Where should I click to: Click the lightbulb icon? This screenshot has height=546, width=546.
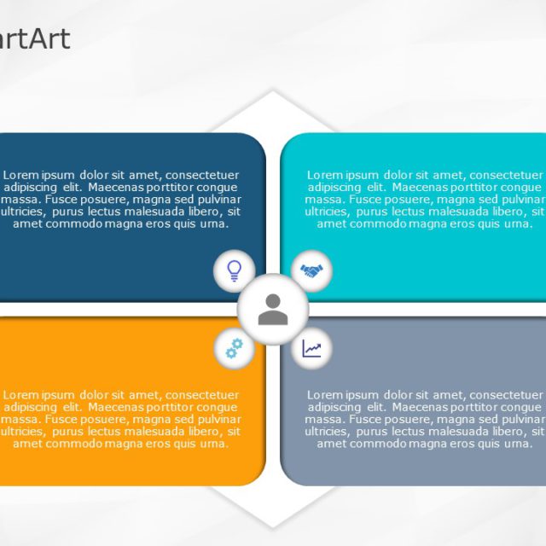pyautogui.click(x=234, y=270)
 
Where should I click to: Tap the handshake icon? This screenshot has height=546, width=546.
pyautogui.click(x=311, y=271)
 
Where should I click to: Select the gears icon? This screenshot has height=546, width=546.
pyautogui.click(x=234, y=348)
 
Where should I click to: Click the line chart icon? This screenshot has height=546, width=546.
pyautogui.click(x=311, y=348)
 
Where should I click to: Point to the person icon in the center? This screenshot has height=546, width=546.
pyautogui.click(x=273, y=310)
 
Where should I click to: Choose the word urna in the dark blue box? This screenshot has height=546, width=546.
pyautogui.click(x=215, y=224)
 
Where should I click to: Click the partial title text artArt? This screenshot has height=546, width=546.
pyautogui.click(x=36, y=38)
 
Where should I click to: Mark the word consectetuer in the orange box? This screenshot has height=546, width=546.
pyautogui.click(x=202, y=395)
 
